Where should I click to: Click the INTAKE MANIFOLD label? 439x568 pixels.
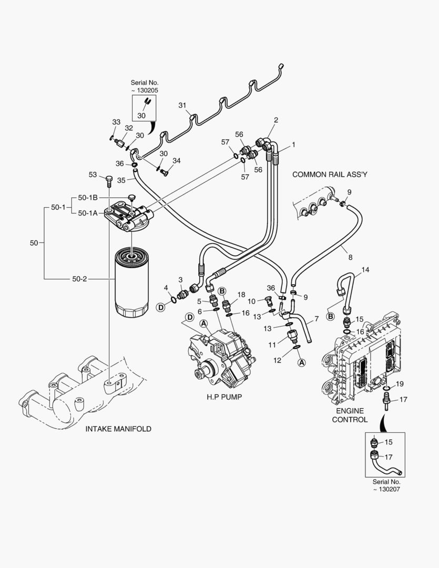[x=118, y=429]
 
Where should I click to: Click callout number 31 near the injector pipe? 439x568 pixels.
[x=182, y=105]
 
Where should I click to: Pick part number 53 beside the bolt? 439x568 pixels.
[x=93, y=175]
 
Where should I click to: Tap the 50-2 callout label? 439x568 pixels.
[x=79, y=278]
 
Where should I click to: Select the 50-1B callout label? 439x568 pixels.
[x=88, y=197]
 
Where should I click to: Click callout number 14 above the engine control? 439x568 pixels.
[x=365, y=270]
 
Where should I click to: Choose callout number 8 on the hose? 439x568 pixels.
[x=350, y=257]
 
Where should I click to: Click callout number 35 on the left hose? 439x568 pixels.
[x=121, y=180]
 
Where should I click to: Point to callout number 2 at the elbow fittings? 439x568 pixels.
[x=276, y=120]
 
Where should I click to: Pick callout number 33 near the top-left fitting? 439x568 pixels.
[x=116, y=122]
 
